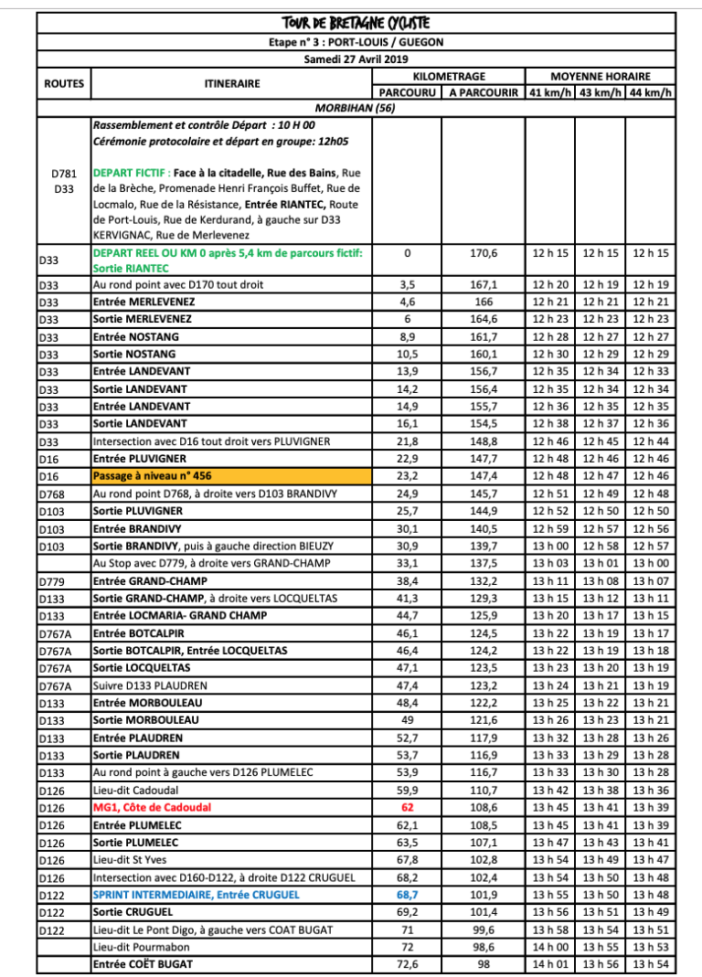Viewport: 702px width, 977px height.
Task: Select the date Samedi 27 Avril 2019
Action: click(x=356, y=59)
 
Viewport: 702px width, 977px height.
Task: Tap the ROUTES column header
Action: click(x=64, y=84)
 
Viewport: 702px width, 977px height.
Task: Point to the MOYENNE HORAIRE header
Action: click(x=601, y=77)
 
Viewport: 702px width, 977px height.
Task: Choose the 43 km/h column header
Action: click(x=601, y=92)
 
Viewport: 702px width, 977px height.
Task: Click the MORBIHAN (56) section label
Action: click(x=356, y=107)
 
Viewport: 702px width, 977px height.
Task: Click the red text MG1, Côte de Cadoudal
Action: click(x=152, y=807)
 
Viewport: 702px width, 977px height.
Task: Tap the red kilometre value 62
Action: click(x=408, y=807)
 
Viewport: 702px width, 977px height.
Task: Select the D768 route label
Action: click(x=53, y=494)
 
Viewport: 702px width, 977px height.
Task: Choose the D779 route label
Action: click(x=53, y=581)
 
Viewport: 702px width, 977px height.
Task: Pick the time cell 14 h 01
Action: click(x=551, y=964)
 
